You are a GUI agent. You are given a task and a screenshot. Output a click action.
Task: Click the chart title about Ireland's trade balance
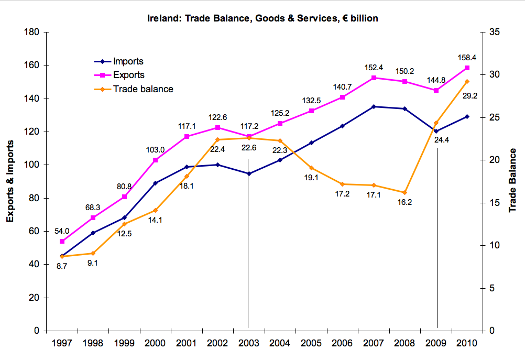tap(262, 18)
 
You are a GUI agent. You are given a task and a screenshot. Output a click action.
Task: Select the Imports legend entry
tap(128, 62)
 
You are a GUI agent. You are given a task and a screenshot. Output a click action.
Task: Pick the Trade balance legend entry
tap(143, 89)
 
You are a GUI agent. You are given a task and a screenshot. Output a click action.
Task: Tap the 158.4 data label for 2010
tap(466, 58)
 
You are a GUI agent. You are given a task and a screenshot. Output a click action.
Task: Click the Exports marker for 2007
tap(374, 78)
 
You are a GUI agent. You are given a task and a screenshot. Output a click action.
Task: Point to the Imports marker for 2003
tap(249, 173)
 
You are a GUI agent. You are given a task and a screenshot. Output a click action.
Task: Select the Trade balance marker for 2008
tap(404, 192)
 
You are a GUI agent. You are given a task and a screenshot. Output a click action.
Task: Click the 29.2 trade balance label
tap(466, 96)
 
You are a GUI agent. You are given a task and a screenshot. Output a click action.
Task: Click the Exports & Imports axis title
tap(10, 181)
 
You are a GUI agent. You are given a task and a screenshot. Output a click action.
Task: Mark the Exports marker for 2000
tap(155, 160)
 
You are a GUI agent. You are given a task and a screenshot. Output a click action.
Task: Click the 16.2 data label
tap(404, 202)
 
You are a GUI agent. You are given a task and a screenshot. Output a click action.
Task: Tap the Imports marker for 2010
tap(467, 116)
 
